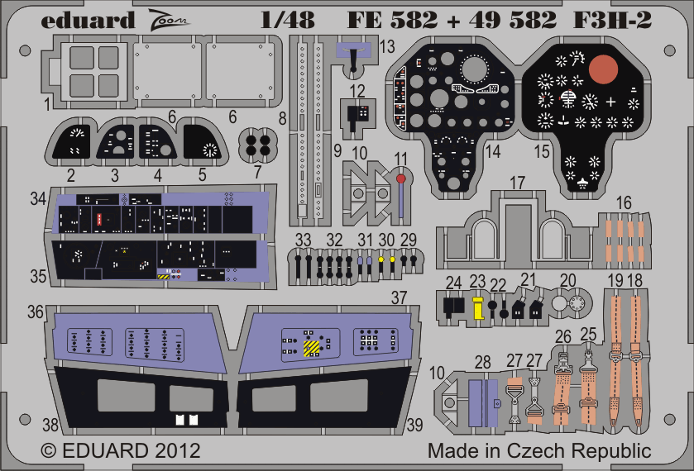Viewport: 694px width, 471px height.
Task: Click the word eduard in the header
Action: pyautogui.click(x=88, y=21)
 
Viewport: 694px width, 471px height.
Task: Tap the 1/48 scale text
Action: pyautogui.click(x=288, y=20)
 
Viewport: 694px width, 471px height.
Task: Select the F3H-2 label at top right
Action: pyautogui.click(x=613, y=20)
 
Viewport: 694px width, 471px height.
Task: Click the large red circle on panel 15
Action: pyautogui.click(x=603, y=69)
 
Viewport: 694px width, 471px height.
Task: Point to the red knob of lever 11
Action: pyautogui.click(x=400, y=178)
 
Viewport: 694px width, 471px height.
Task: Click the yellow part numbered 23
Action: pyautogui.click(x=477, y=308)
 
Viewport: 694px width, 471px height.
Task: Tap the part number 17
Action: pyautogui.click(x=517, y=183)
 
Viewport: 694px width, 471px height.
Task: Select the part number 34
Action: pyautogui.click(x=38, y=198)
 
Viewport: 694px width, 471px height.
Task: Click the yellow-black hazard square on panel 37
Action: pyautogui.click(x=312, y=348)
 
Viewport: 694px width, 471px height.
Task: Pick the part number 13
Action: pyautogui.click(x=387, y=46)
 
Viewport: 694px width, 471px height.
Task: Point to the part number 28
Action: pyautogui.click(x=482, y=362)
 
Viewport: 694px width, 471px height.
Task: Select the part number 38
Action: pyautogui.click(x=50, y=425)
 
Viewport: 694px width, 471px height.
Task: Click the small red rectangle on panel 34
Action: pyautogui.click(x=99, y=219)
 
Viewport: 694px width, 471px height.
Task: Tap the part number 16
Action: pyautogui.click(x=624, y=202)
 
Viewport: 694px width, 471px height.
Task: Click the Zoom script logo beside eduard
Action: pyautogui.click(x=168, y=20)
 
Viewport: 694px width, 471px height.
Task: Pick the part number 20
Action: pyautogui.click(x=568, y=280)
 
